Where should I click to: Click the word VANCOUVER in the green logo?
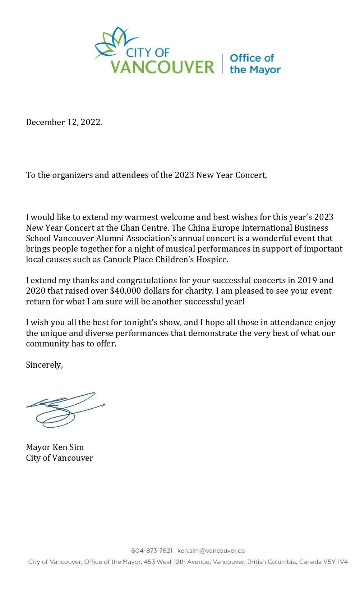point(162,67)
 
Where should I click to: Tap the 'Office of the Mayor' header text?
point(255,64)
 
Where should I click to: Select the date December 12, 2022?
point(64,122)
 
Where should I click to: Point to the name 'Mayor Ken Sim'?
point(55,447)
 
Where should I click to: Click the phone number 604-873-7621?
point(152,551)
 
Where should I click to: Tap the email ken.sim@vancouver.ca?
point(211,551)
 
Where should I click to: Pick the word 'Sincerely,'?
point(44,365)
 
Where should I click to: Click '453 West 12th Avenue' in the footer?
point(176,562)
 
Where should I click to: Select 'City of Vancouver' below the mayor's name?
point(59,458)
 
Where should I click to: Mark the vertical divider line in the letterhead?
point(222,64)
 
